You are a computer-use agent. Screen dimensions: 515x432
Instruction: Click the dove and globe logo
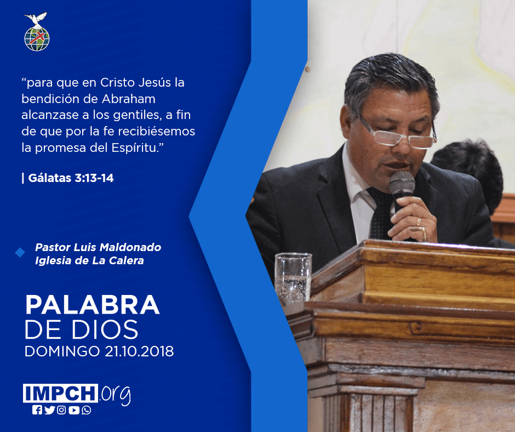[x=37, y=32]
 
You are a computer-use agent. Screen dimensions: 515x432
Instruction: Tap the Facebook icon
[x=37, y=410]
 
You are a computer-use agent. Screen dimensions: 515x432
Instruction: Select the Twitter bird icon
[x=50, y=410]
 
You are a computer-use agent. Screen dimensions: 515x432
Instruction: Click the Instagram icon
[x=61, y=410]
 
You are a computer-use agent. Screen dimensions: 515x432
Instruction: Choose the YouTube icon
[x=74, y=410]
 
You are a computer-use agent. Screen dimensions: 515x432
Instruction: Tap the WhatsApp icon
[x=87, y=410]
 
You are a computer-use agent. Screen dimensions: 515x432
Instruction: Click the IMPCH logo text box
[x=60, y=393]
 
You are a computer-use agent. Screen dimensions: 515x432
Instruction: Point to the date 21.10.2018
[x=139, y=351]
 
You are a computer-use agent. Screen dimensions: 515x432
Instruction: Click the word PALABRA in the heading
[x=92, y=305]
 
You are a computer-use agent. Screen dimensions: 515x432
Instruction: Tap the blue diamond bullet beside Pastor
[x=20, y=253]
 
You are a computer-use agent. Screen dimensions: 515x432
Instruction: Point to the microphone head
[x=402, y=183]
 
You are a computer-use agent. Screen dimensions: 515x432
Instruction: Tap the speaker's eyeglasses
[x=399, y=134]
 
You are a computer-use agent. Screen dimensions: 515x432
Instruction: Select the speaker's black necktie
[x=381, y=214]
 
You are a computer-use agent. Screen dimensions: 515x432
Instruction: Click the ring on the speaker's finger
[x=419, y=222]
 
